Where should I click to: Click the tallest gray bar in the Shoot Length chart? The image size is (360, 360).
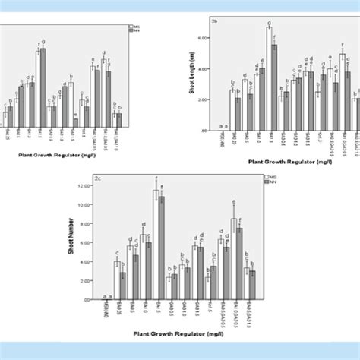pos(274,87)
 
